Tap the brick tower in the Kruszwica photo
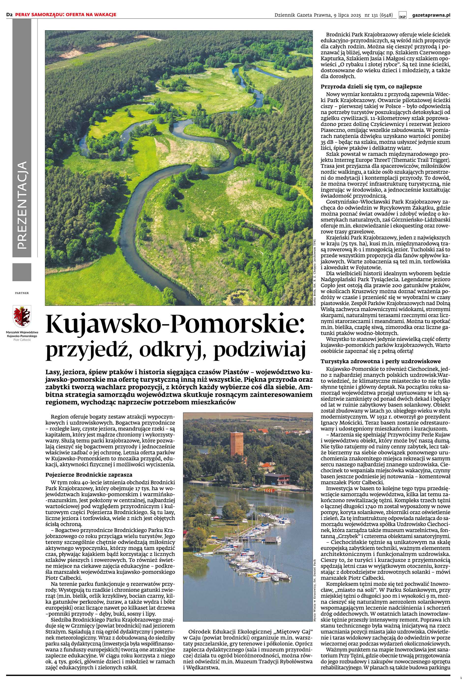[236, 444]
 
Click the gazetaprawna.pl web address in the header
[431, 15]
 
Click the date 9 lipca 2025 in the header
[348, 15]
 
